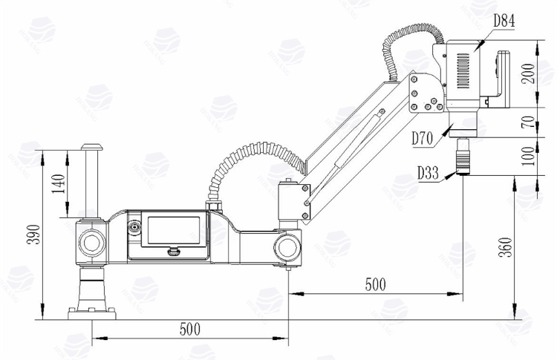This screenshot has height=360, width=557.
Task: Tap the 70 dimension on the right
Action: (527, 122)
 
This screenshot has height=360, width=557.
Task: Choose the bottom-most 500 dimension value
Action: (190, 327)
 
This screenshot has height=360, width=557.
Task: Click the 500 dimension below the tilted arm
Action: (375, 284)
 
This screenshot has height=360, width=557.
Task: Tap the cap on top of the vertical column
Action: (92, 148)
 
